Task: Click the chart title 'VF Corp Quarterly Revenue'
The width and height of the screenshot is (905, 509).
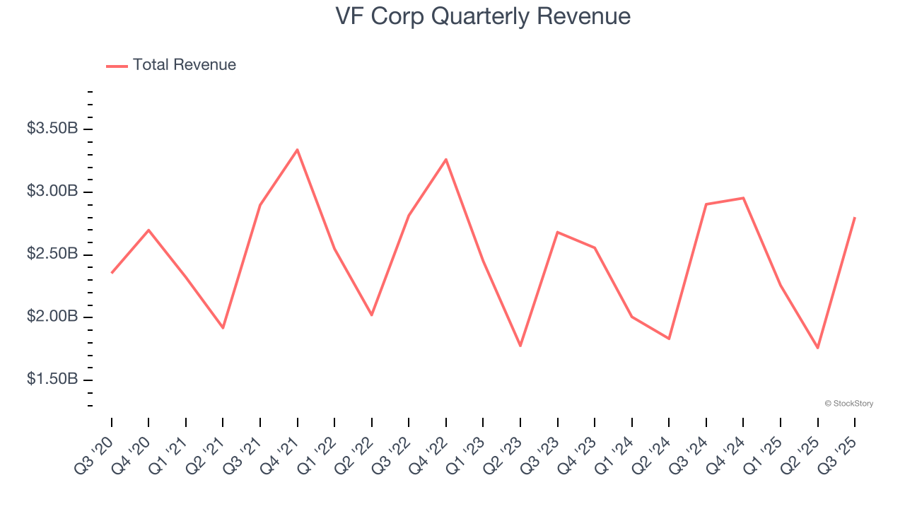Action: click(483, 16)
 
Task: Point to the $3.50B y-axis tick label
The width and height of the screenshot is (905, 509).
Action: click(52, 129)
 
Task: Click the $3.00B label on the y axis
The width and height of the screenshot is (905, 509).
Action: click(52, 192)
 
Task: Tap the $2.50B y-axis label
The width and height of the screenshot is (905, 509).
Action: click(52, 254)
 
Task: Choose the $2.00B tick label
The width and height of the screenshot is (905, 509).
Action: click(52, 317)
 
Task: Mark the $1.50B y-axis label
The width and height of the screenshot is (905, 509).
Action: click(52, 380)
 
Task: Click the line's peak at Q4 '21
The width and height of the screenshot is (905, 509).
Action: click(298, 149)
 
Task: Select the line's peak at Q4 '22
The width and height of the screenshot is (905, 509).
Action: click(446, 159)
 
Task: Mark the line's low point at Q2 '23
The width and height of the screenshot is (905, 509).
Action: click(520, 346)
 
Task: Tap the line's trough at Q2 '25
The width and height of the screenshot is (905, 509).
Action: click(818, 348)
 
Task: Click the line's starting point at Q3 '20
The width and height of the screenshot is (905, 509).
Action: click(112, 273)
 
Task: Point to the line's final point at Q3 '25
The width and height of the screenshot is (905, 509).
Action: click(855, 218)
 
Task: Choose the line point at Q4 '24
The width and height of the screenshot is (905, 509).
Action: click(744, 198)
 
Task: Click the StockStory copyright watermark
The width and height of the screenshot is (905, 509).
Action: click(848, 404)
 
